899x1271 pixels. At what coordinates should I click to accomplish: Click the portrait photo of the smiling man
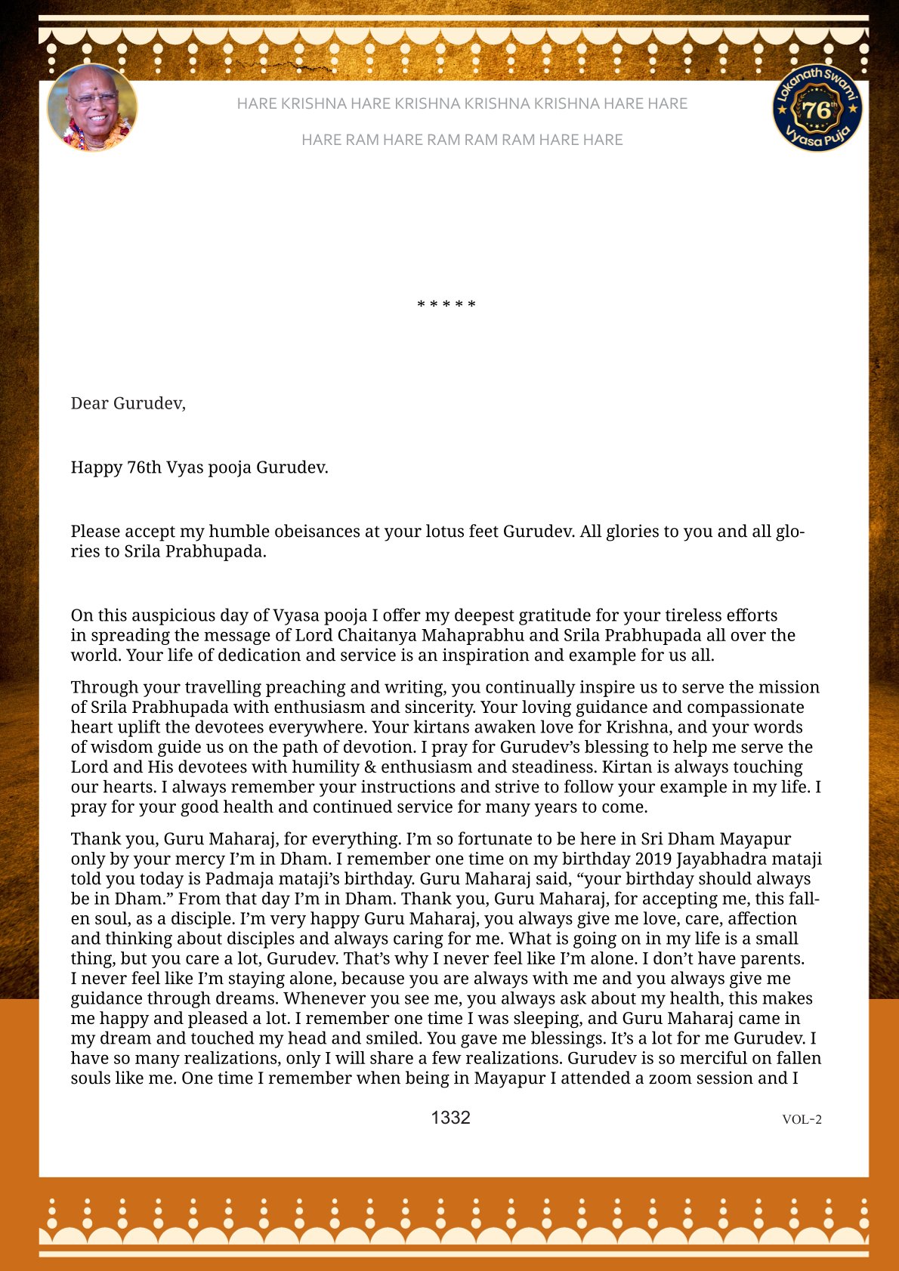(92, 107)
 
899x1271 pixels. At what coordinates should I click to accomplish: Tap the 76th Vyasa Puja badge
(817, 107)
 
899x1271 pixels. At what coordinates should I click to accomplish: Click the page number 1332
(450, 1118)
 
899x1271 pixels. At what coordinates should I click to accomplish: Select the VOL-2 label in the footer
(802, 1119)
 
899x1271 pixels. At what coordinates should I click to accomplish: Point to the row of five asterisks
(446, 305)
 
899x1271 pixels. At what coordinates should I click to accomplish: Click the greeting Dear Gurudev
(128, 403)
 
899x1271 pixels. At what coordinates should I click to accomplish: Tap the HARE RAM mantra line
(462, 140)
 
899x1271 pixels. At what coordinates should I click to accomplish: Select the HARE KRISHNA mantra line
(462, 103)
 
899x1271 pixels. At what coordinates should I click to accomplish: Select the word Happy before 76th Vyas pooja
(96, 467)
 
